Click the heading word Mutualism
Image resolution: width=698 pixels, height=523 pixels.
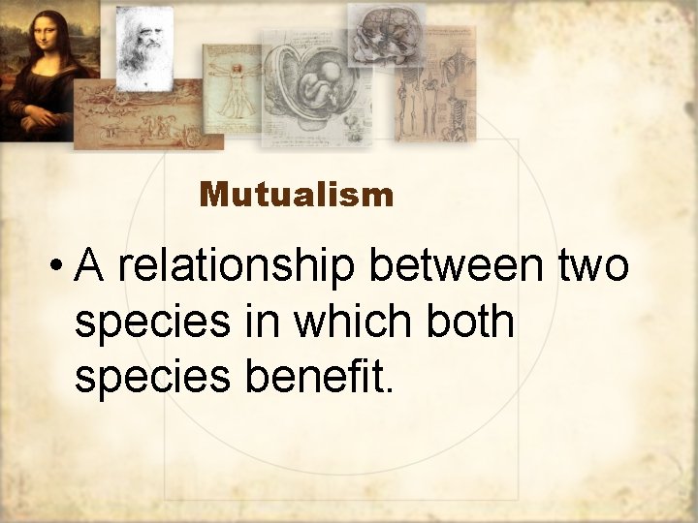[x=297, y=196]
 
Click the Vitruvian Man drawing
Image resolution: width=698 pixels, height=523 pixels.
[x=233, y=89]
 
